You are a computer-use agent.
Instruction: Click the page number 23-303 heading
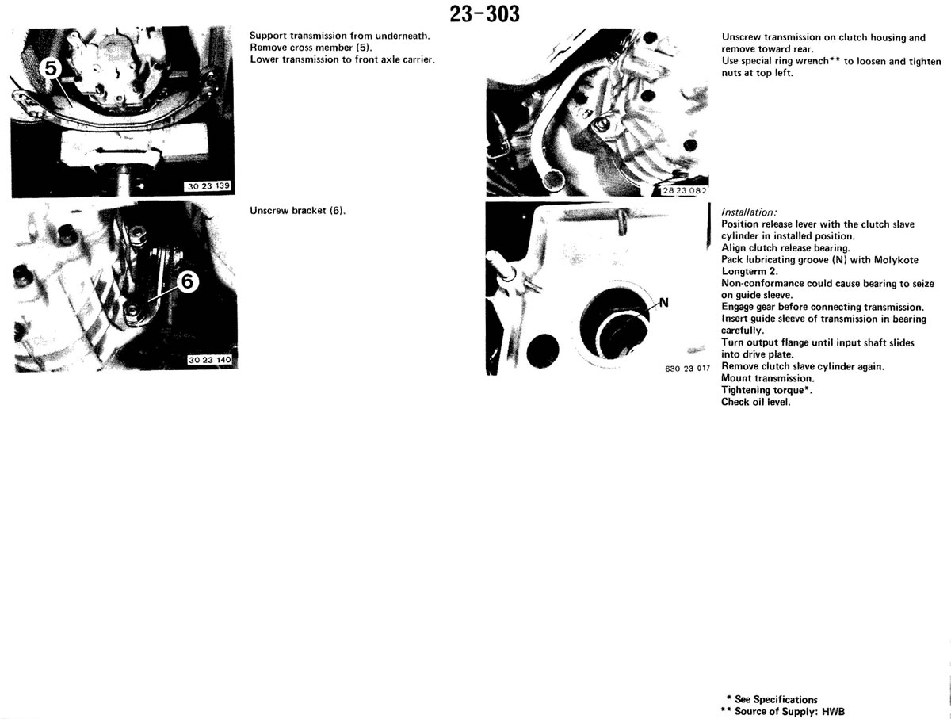point(484,14)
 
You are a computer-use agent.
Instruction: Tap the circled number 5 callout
point(52,69)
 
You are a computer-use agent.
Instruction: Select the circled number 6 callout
point(187,282)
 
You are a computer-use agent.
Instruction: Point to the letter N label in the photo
point(663,303)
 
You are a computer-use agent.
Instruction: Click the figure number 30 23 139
point(208,186)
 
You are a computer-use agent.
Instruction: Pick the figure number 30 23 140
point(210,360)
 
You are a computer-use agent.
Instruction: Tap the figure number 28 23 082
point(685,191)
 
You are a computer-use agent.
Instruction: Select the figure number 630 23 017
point(688,369)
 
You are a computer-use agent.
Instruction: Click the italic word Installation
point(749,212)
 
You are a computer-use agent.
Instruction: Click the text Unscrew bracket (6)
point(298,211)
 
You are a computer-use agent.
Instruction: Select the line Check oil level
point(755,402)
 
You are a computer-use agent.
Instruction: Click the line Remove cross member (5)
point(311,48)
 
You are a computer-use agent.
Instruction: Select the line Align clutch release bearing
point(785,248)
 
